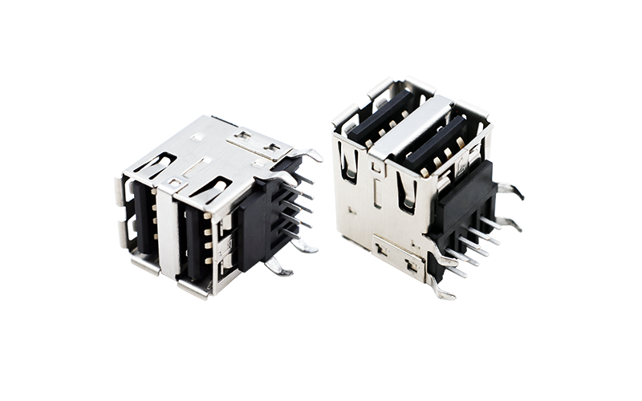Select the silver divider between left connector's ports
[x=168, y=233]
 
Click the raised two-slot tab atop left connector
[x=256, y=144]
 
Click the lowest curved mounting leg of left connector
[x=278, y=265]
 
